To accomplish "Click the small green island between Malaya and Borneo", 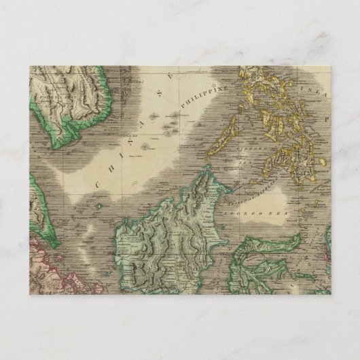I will point(100,204).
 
